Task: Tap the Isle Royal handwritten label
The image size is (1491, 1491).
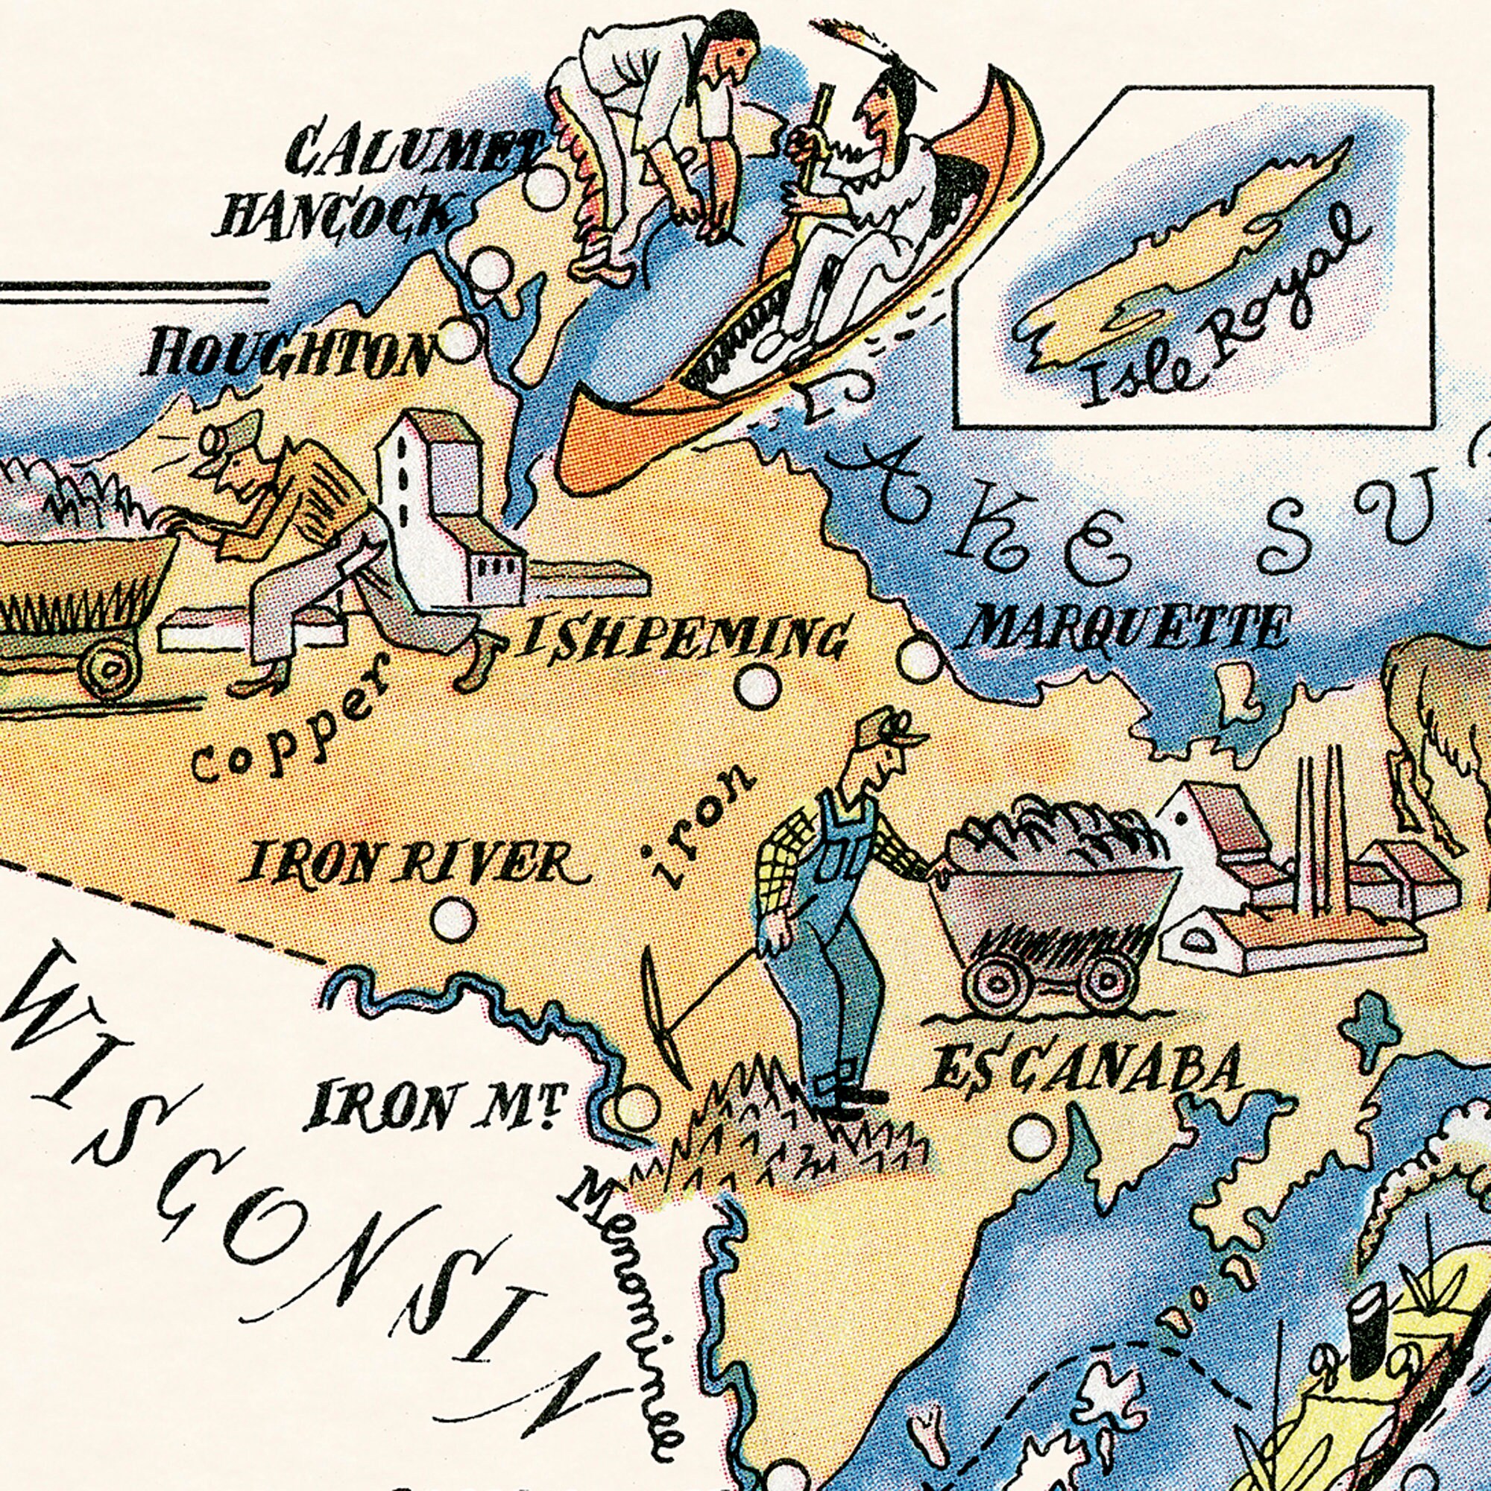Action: [x=1220, y=309]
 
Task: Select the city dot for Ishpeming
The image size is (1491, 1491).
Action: [x=757, y=685]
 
